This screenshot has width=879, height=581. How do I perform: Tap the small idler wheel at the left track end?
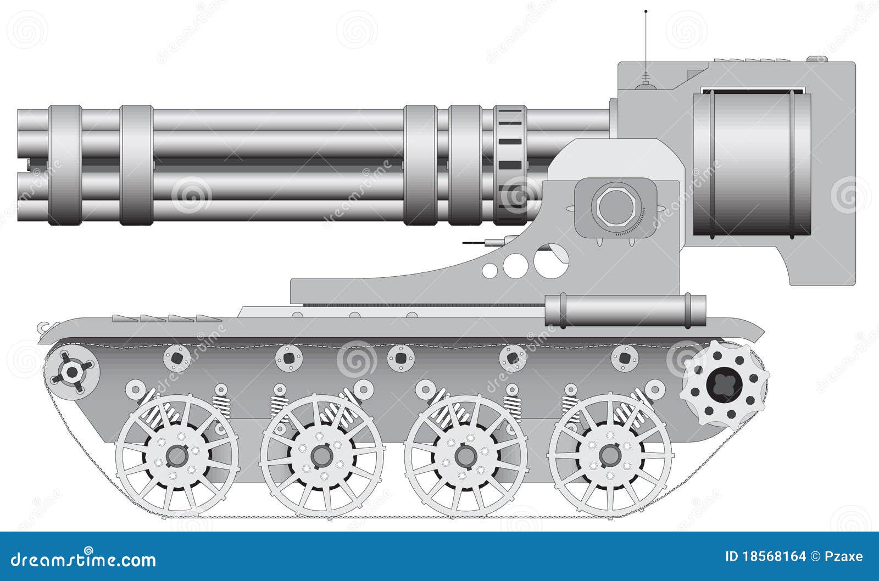(x=72, y=372)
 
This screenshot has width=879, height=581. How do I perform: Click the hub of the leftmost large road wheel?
(x=177, y=455)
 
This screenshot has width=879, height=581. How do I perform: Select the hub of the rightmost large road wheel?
(x=609, y=455)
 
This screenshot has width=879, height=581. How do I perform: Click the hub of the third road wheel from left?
(x=466, y=455)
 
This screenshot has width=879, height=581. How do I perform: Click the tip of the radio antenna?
(x=646, y=11)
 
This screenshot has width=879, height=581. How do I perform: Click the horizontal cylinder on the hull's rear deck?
(x=625, y=311)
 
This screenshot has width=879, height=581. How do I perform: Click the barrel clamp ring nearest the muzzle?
(x=65, y=165)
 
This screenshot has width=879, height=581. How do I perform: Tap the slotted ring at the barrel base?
(x=510, y=165)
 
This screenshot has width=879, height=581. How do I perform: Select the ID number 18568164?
(x=775, y=556)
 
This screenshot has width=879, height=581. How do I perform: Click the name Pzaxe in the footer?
(x=844, y=556)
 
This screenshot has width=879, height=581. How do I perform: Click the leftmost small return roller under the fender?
(x=177, y=358)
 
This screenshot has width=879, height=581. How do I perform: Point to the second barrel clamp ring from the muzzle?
(x=136, y=165)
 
